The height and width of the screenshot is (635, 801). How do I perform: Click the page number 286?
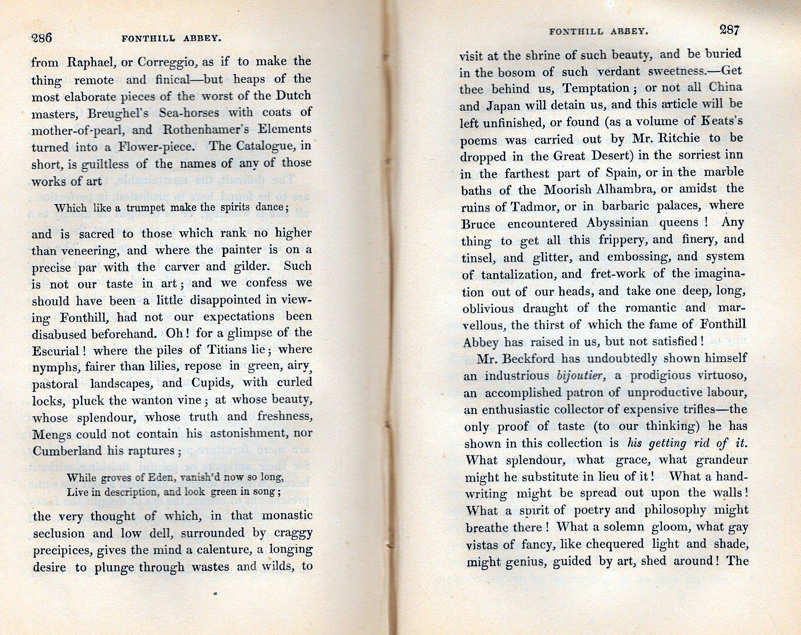pyautogui.click(x=42, y=38)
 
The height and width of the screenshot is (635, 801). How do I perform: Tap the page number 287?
pyautogui.click(x=729, y=30)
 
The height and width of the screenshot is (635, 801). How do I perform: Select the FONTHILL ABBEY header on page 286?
pyautogui.click(x=171, y=38)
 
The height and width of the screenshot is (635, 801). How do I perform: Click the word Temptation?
pyautogui.click(x=597, y=88)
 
